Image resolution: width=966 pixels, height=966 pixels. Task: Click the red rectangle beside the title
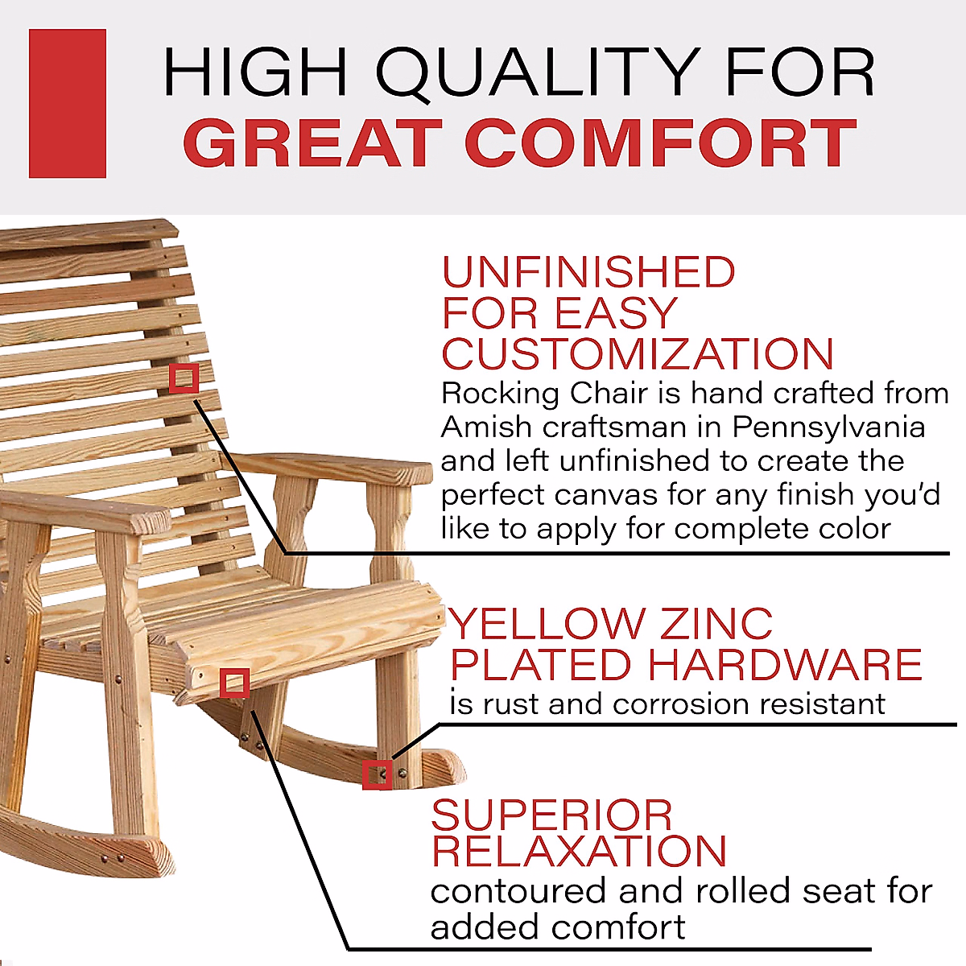point(68,103)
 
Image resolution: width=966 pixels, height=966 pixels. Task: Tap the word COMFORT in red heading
point(660,144)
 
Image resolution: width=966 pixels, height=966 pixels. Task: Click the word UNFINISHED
point(588,273)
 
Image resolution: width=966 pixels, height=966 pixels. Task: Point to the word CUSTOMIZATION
point(638,354)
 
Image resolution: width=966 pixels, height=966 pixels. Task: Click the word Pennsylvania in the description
point(828,427)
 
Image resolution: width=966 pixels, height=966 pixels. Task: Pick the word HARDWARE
point(784,665)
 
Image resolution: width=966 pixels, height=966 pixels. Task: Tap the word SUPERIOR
point(551,815)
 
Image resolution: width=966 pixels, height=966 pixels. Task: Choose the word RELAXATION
point(579,852)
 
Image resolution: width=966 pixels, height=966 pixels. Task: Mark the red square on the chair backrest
point(184,378)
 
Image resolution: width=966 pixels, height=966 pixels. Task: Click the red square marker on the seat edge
point(234,683)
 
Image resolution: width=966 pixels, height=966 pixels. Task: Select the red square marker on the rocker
point(377,774)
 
